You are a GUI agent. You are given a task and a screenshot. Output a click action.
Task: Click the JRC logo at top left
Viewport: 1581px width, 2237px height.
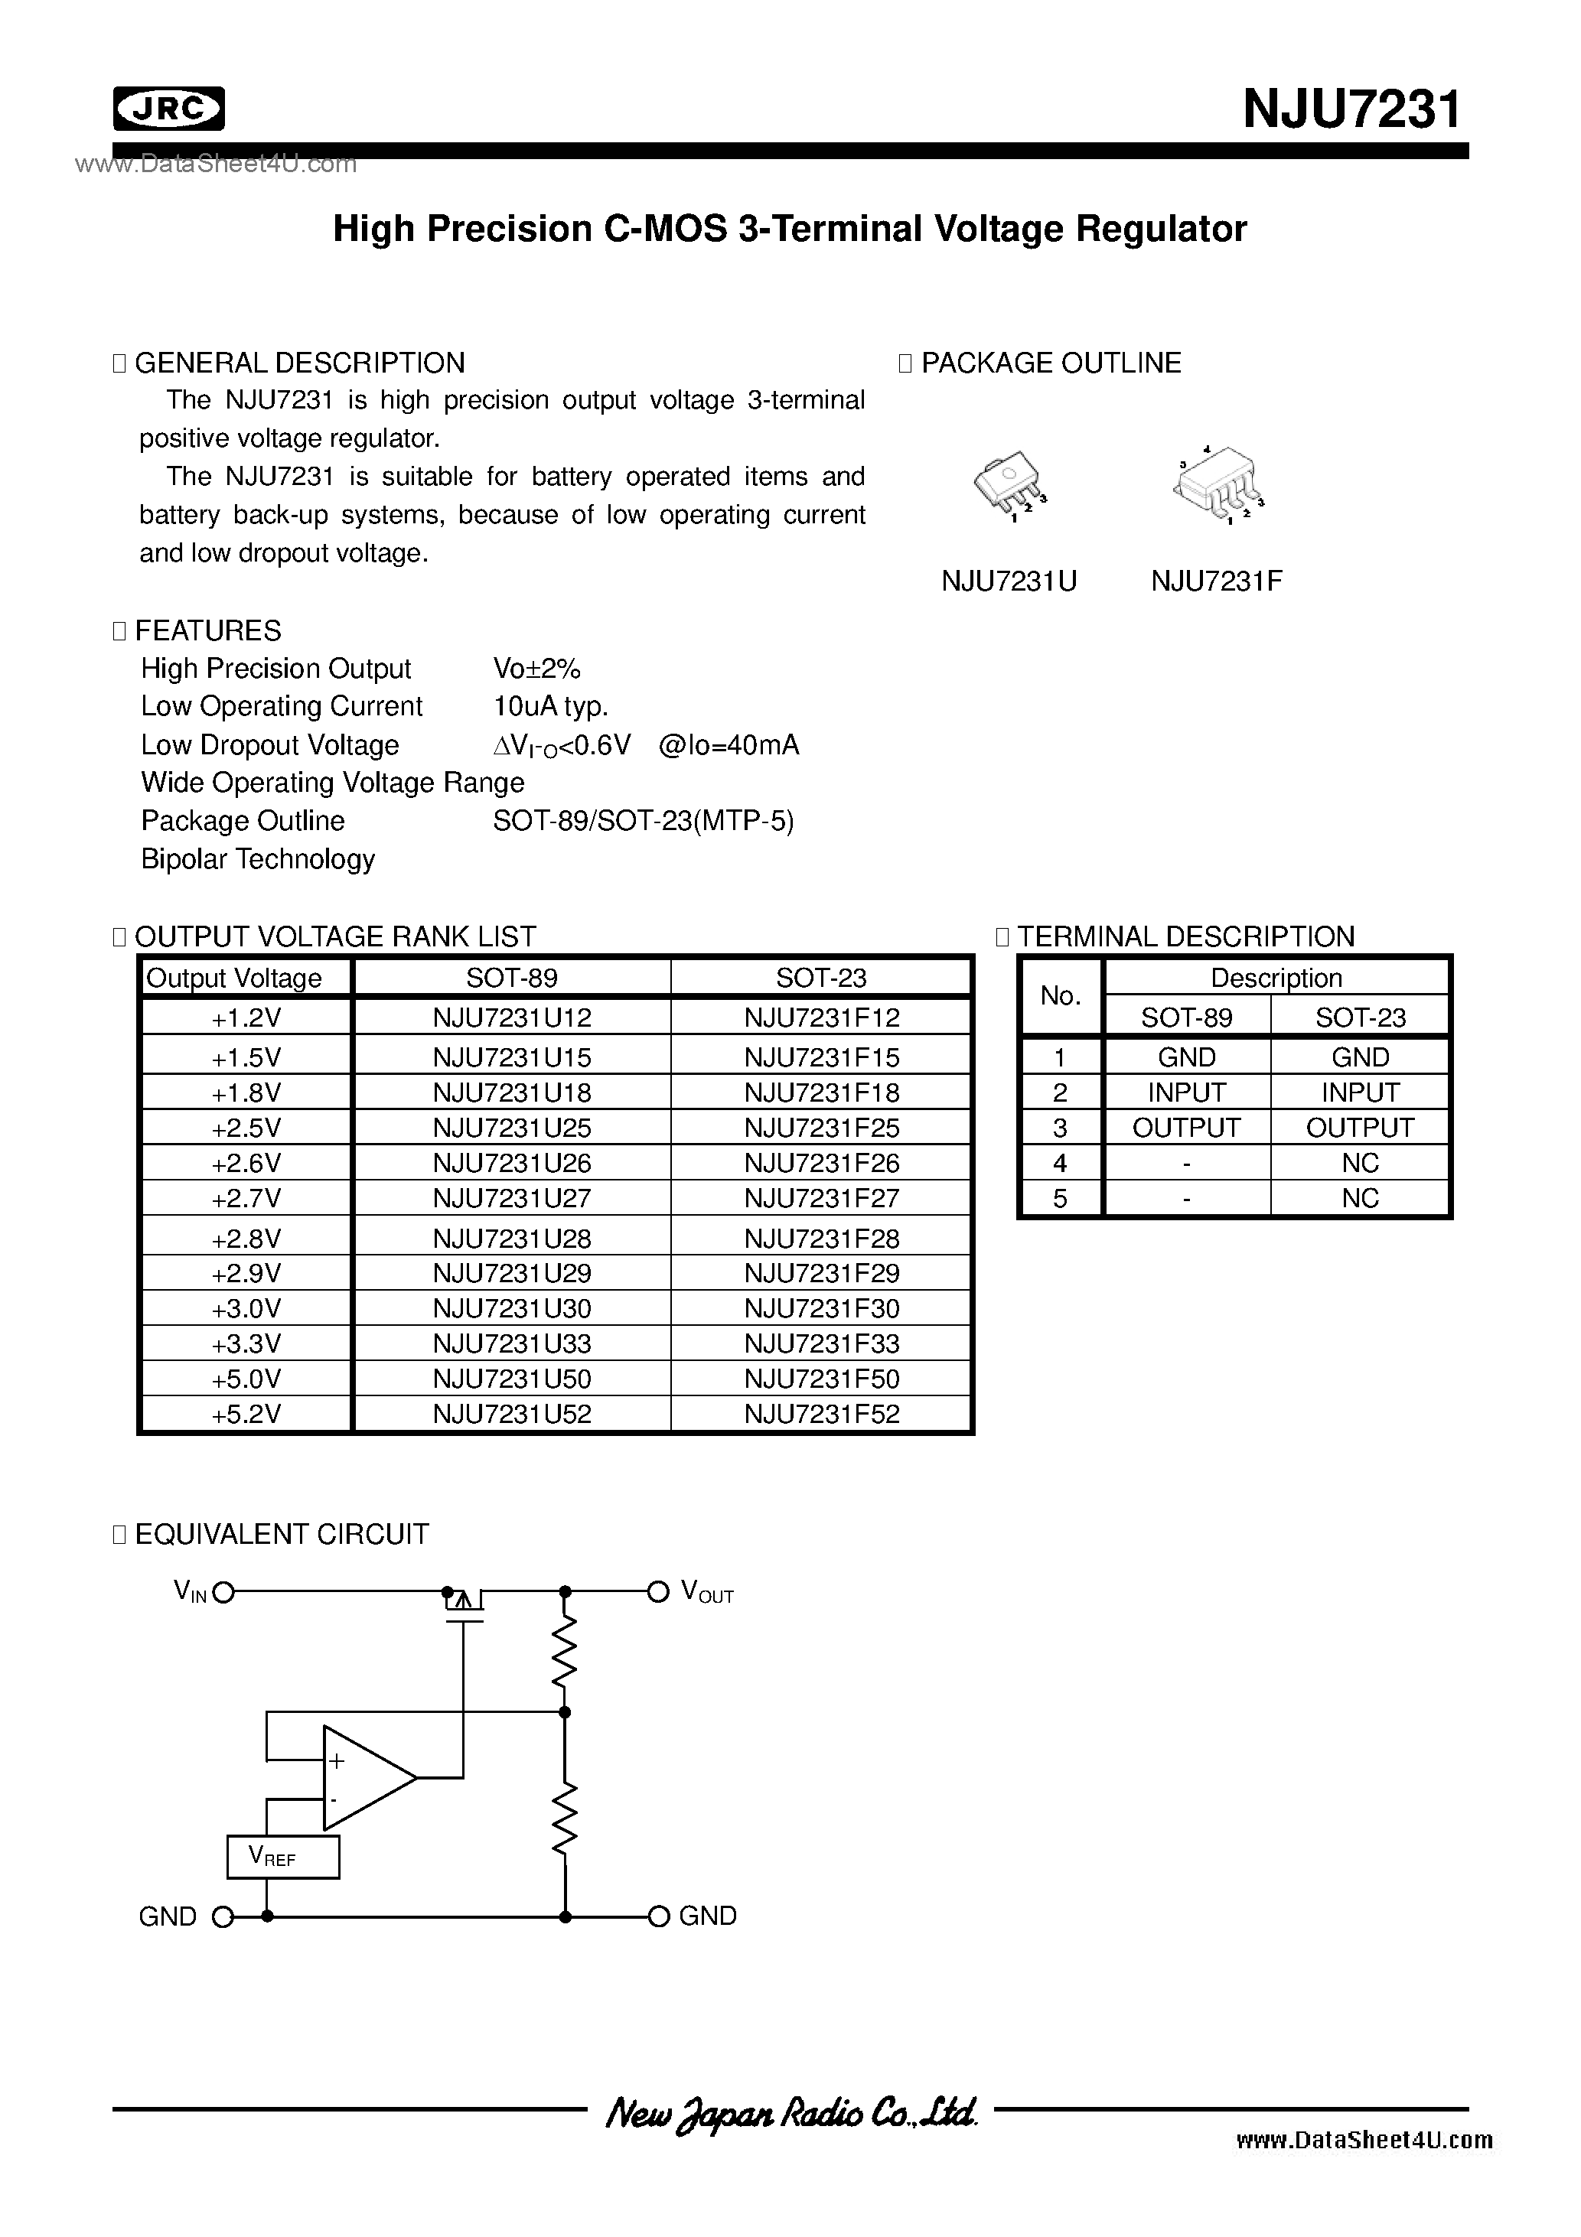point(168,109)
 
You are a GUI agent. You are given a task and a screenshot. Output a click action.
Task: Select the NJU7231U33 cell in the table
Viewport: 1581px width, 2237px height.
point(512,1343)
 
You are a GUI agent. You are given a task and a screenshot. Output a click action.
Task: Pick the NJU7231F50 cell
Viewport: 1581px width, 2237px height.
point(822,1379)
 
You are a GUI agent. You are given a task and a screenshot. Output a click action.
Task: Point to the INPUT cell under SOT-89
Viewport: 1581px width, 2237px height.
point(1186,1092)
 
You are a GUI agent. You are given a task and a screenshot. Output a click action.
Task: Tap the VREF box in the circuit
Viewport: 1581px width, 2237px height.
point(282,1857)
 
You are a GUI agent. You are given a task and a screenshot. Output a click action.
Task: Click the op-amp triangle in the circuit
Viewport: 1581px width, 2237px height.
point(366,1777)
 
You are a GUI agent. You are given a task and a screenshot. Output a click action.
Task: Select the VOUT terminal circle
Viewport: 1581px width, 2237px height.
point(659,1592)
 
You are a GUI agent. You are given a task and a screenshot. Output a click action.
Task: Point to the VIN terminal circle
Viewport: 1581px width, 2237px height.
point(223,1593)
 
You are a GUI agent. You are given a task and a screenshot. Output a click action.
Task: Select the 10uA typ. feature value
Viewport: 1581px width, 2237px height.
point(551,706)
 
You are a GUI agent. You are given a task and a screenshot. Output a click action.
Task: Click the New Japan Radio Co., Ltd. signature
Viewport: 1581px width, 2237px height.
point(790,2112)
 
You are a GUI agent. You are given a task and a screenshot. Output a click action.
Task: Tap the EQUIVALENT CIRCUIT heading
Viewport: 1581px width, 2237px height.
point(282,1535)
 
